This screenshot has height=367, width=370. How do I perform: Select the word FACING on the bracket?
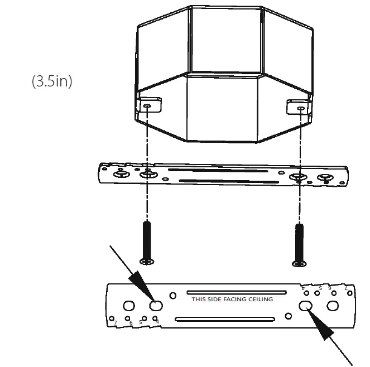click(233, 300)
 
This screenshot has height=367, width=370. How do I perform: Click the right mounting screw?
click(299, 242)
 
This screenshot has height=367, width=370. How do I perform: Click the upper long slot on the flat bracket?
click(236, 292)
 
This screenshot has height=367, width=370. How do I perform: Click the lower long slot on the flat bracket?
click(225, 319)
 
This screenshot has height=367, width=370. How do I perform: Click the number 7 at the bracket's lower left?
click(115, 323)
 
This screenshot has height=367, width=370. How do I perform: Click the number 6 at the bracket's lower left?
click(130, 323)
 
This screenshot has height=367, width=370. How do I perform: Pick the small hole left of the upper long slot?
click(174, 295)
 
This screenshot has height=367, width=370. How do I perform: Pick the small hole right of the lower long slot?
click(289, 316)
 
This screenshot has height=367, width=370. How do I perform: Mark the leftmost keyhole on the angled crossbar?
click(121, 175)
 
